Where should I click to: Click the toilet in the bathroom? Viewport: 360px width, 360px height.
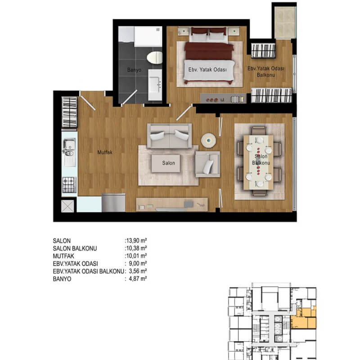[x=154, y=58]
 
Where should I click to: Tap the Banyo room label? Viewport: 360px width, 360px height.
[x=134, y=70]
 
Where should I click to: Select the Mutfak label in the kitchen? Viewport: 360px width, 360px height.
[x=105, y=152]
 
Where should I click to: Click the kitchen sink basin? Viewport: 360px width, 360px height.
[x=69, y=144]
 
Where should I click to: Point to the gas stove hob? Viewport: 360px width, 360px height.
[x=69, y=185]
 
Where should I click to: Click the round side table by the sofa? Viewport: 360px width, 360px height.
[x=208, y=140]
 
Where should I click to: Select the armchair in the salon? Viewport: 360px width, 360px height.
[x=207, y=164]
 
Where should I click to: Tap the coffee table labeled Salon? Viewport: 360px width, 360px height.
[x=166, y=163]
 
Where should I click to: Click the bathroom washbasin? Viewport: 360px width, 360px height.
[x=155, y=85]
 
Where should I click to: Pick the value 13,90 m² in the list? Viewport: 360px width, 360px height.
[x=136, y=241]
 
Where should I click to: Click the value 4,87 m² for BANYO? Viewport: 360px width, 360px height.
[x=138, y=279]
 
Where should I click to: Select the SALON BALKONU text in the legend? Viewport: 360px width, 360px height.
[x=75, y=248]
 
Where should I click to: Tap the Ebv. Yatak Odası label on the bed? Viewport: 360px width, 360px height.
[x=207, y=70]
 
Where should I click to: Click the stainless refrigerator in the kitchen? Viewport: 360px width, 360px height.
[x=114, y=203]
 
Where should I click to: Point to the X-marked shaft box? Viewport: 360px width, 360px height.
[x=68, y=206]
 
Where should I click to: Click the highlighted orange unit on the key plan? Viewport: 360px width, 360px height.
[x=303, y=319]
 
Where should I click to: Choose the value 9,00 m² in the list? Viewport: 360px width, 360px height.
[x=138, y=263]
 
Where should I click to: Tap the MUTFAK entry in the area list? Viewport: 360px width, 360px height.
[x=63, y=256]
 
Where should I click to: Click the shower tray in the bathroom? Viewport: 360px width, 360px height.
[x=148, y=36]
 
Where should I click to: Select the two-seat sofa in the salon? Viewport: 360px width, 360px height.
[x=170, y=136]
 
